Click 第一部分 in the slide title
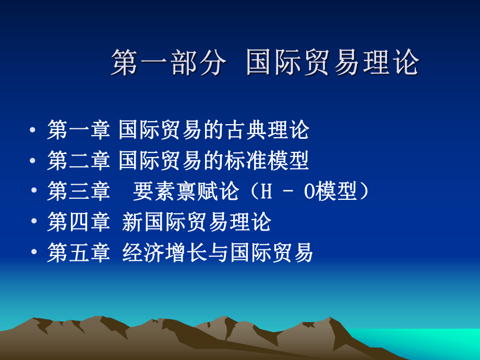(169, 63)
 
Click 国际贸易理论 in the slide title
(332, 63)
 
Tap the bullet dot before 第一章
(32, 130)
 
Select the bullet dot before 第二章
(32, 160)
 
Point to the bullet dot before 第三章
(34, 190)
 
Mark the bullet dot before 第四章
(34, 221)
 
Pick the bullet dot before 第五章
(34, 251)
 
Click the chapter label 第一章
(78, 130)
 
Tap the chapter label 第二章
(78, 160)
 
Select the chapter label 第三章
(78, 191)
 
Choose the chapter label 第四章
(78, 222)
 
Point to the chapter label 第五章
(78, 252)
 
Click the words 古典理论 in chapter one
(267, 130)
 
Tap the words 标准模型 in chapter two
(267, 160)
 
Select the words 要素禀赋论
(186, 191)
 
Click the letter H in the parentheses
(266, 191)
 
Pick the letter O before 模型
(309, 191)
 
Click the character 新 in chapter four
(133, 222)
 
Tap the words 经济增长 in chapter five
(164, 252)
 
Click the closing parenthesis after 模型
(364, 191)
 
